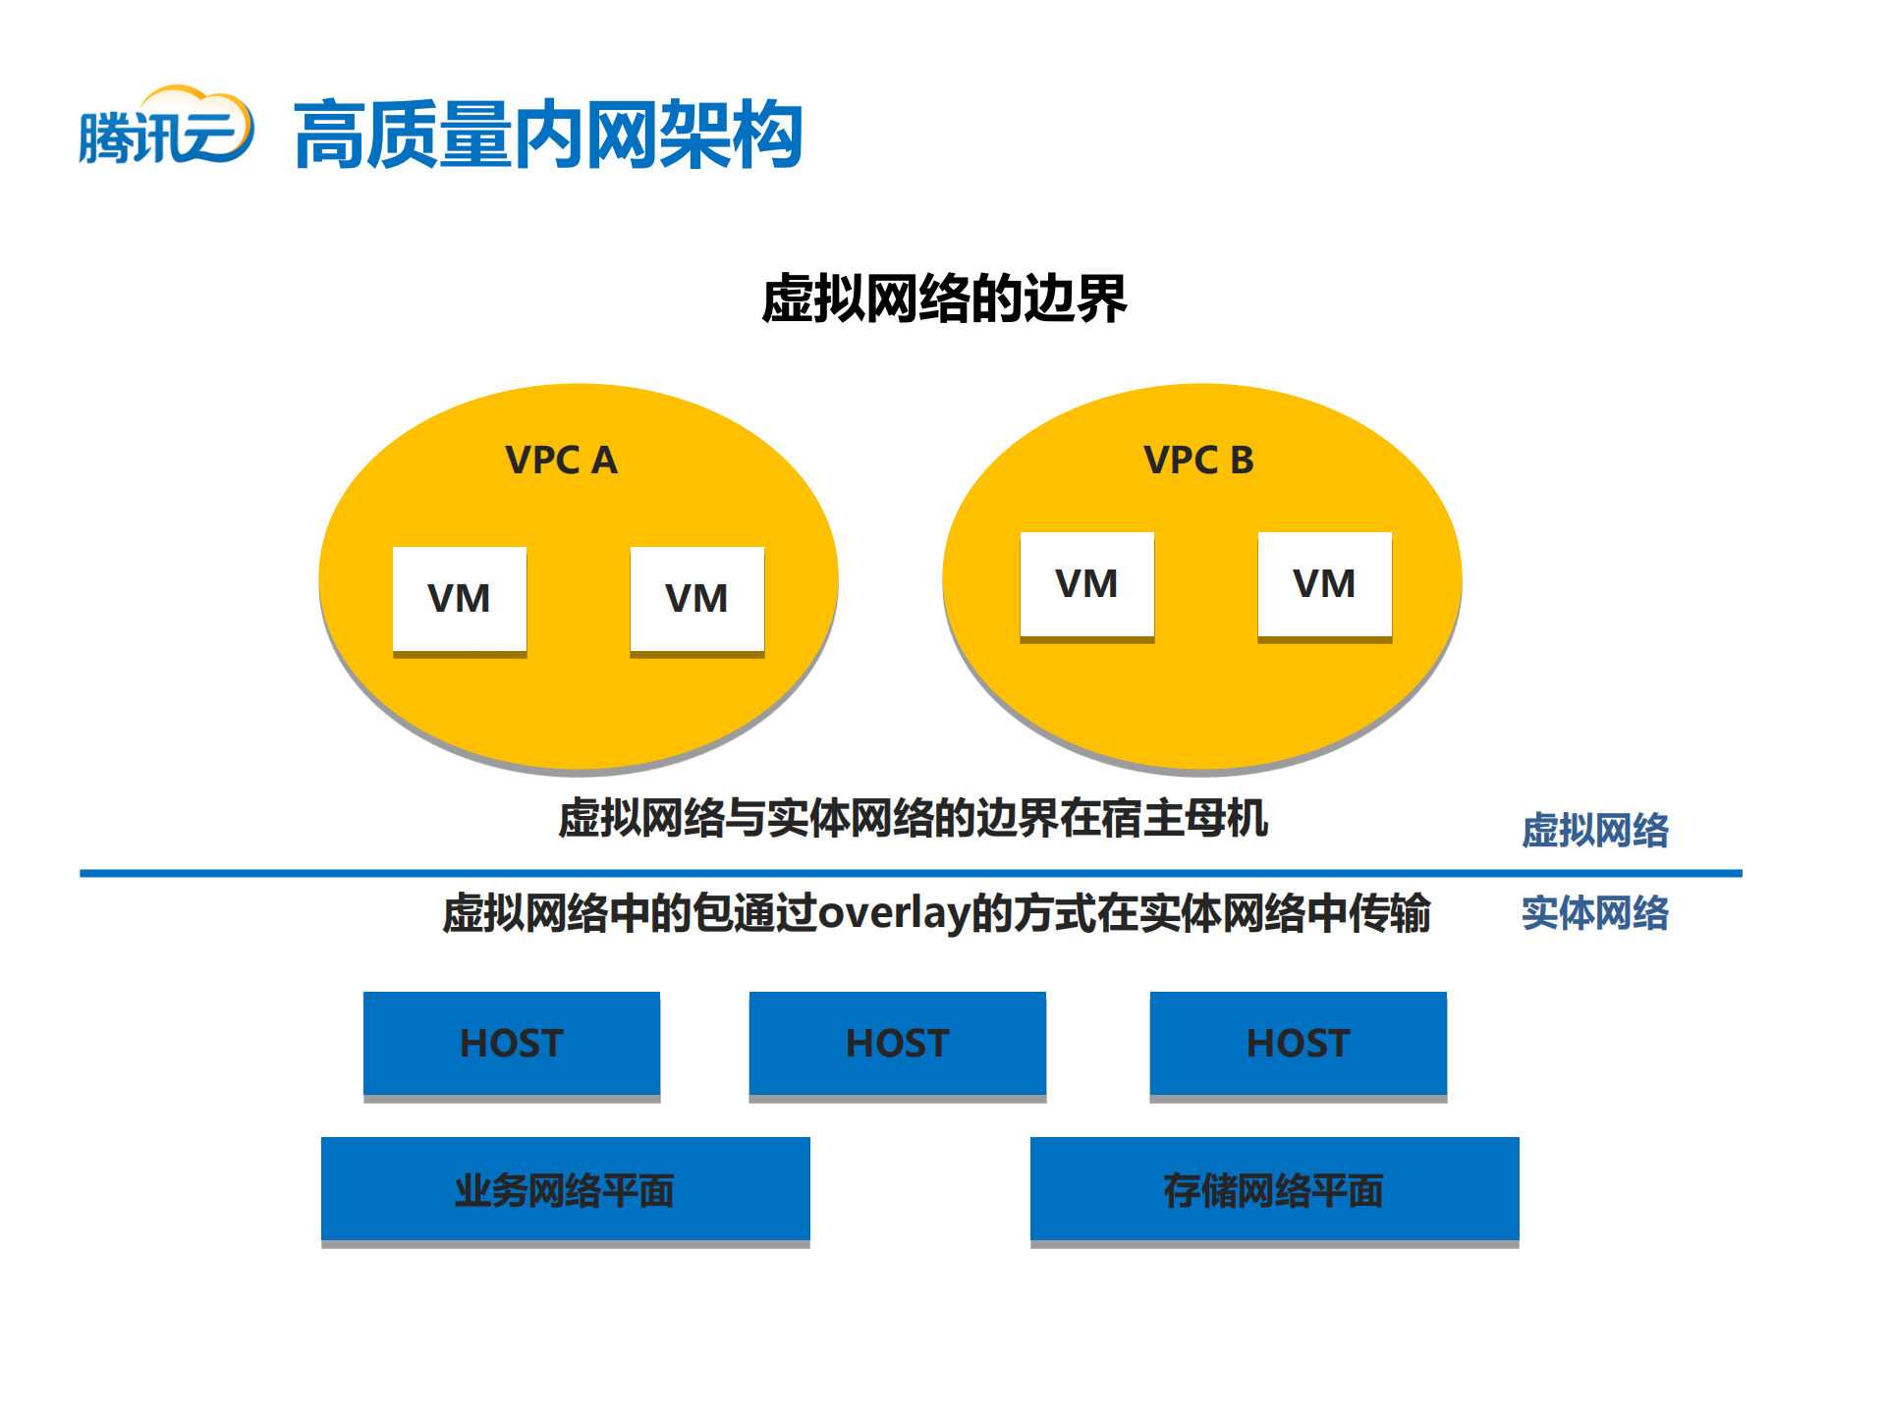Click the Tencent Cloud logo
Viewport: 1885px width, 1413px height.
165,129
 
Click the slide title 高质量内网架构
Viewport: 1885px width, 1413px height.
548,135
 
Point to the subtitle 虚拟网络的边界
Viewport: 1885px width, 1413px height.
943,299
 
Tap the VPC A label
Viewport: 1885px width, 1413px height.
561,460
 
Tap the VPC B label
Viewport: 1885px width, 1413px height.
1198,460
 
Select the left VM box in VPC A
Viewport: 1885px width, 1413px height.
460,599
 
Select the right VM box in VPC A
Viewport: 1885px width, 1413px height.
696,599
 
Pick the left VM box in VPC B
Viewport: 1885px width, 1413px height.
1086,584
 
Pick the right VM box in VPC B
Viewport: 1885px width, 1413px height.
1324,584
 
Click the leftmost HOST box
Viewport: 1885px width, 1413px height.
512,1043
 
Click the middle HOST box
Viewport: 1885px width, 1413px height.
897,1043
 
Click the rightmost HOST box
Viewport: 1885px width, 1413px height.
1298,1043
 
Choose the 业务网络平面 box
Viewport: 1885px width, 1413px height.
565,1190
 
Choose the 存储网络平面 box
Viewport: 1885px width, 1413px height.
1274,1190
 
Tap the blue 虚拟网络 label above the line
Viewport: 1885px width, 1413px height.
1594,831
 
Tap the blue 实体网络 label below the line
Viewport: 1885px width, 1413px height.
1594,913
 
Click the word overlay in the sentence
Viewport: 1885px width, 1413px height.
894,913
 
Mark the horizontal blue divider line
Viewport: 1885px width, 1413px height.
910,873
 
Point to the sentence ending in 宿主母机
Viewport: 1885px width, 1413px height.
913,818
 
